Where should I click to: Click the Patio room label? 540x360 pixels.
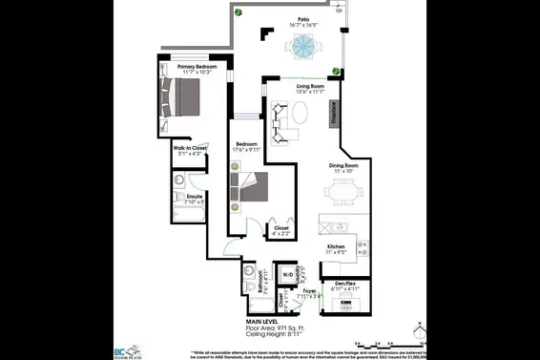click(303, 18)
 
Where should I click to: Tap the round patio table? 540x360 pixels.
click(303, 46)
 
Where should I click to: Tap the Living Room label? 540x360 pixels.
click(285, 87)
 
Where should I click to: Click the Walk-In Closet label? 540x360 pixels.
click(189, 149)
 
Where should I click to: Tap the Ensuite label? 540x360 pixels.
click(194, 197)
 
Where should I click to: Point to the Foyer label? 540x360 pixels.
click(309, 290)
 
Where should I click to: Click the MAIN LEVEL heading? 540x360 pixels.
click(263, 320)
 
